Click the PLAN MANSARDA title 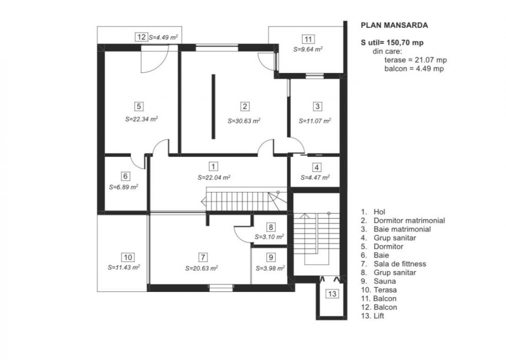tap(394, 24)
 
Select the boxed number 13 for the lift tap(332, 293)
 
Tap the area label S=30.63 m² tap(244, 120)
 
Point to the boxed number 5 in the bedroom tap(139, 106)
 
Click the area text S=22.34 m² tap(141, 119)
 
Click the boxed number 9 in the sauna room tap(271, 257)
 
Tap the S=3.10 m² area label tap(269, 236)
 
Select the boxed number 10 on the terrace tap(128, 257)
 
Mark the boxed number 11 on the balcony tap(308, 39)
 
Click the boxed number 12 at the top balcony tap(141, 36)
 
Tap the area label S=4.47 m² tap(315, 177)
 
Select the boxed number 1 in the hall tap(214, 166)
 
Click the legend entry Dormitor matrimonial tap(408, 220)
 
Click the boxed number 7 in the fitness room tap(202, 257)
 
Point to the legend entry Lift tap(379, 316)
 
